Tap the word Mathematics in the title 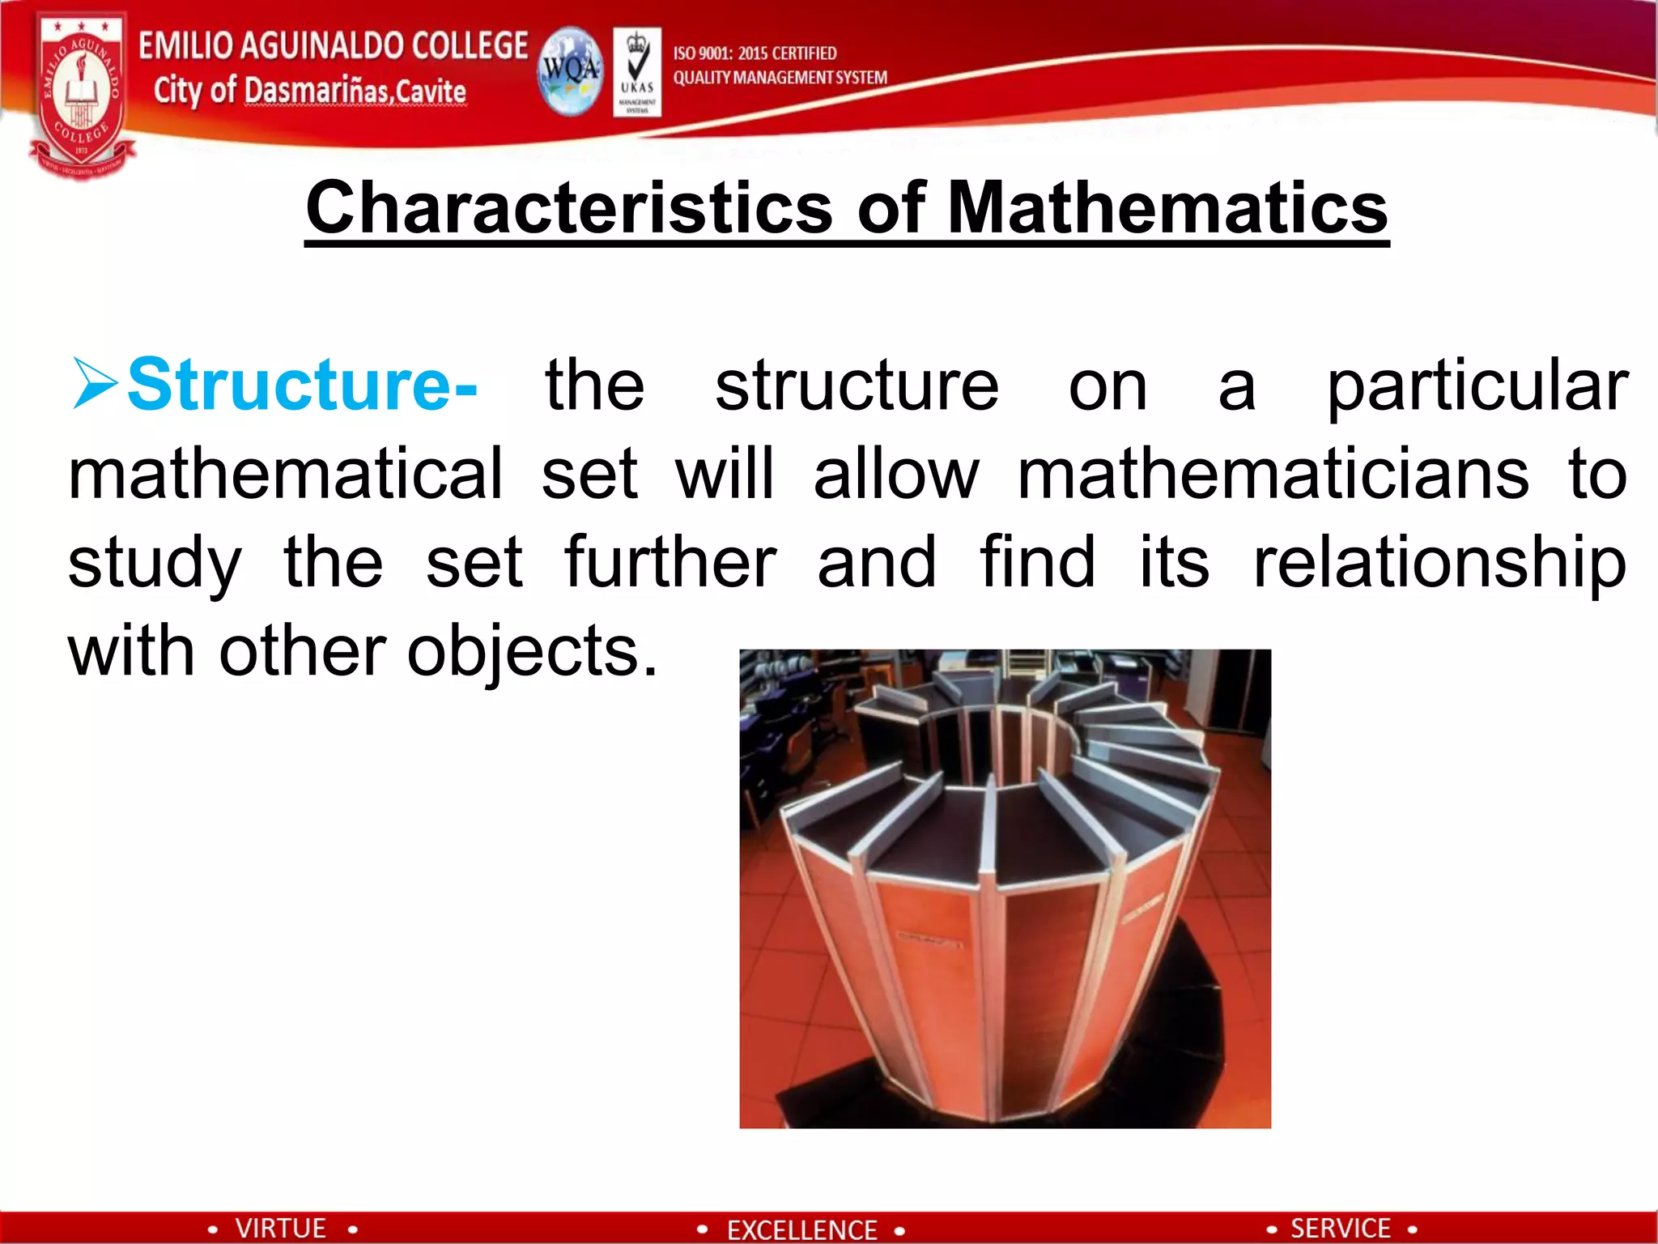[1167, 208]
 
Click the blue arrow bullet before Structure [96, 383]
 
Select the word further [670, 562]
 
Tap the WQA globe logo [571, 71]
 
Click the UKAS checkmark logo [637, 72]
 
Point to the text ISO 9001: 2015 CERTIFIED [755, 53]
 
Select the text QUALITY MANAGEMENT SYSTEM [780, 78]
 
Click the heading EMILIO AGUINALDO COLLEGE [333, 45]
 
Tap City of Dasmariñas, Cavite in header [309, 91]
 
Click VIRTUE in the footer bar [280, 1228]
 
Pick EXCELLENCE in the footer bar [801, 1229]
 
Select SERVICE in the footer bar [1340, 1228]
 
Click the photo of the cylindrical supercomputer [1005, 888]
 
